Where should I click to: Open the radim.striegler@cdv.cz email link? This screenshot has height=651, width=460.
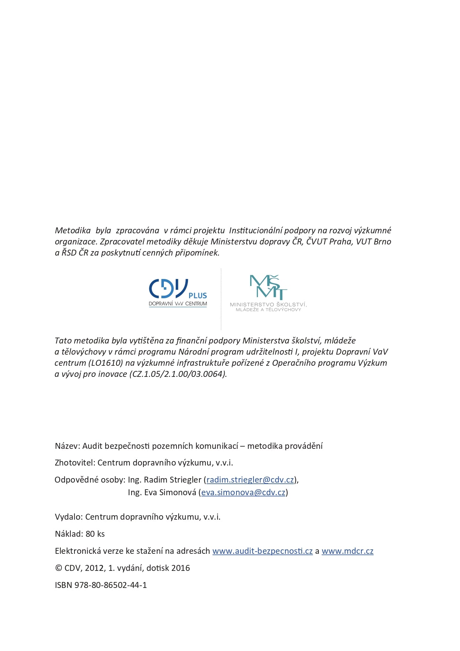(x=250, y=480)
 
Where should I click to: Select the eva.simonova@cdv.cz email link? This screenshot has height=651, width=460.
(x=243, y=493)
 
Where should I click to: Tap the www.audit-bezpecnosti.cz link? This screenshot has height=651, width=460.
(x=262, y=551)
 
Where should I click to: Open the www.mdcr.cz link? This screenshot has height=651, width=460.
(x=347, y=551)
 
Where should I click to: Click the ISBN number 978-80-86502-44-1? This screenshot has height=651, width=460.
(x=110, y=585)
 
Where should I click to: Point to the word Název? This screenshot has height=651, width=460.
(x=67, y=446)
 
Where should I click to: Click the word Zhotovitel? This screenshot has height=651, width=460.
(x=75, y=463)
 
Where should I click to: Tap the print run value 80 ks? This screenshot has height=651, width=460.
(x=95, y=534)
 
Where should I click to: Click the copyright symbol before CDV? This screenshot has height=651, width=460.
(x=58, y=568)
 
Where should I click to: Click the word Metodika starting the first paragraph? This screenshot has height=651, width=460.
(x=73, y=231)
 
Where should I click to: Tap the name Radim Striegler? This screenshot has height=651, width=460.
(x=172, y=480)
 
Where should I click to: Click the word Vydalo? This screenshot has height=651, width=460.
(x=69, y=517)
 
